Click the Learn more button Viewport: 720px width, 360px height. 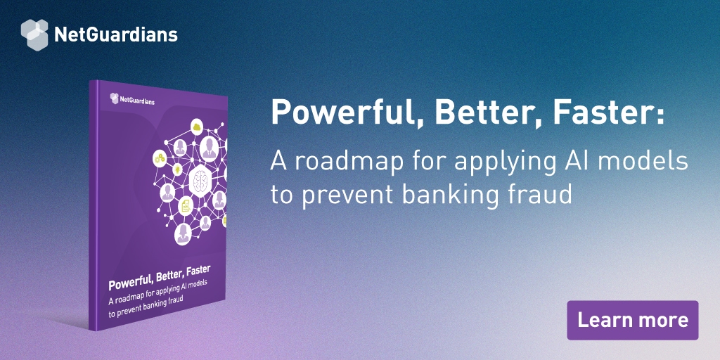632,320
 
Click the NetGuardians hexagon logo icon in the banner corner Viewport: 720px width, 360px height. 34,34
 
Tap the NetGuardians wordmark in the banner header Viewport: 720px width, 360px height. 115,34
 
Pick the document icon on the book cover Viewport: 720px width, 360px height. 186,206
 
